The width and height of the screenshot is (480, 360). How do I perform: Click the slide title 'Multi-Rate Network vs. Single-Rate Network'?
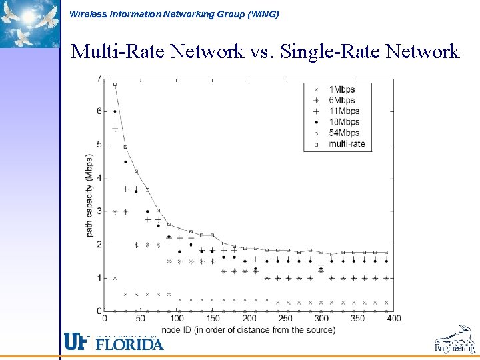point(265,51)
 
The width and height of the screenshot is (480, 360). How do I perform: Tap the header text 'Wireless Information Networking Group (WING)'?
point(174,14)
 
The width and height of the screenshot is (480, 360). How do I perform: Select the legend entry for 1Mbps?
point(341,89)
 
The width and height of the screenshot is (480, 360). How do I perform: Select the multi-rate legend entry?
point(347,143)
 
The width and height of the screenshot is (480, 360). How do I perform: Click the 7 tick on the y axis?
point(99,78)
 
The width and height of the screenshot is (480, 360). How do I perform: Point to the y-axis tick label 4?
point(99,178)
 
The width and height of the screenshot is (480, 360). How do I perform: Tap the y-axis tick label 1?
point(99,278)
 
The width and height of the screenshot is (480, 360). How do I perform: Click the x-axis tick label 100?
point(177,319)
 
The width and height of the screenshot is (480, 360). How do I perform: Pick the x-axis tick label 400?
point(393,319)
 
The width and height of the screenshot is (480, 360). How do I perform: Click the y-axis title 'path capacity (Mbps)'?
point(89,195)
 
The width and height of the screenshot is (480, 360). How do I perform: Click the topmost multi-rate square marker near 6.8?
point(115,85)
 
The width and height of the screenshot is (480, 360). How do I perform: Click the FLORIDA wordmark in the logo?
point(129,344)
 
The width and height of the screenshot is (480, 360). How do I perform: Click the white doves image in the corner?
point(29,23)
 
